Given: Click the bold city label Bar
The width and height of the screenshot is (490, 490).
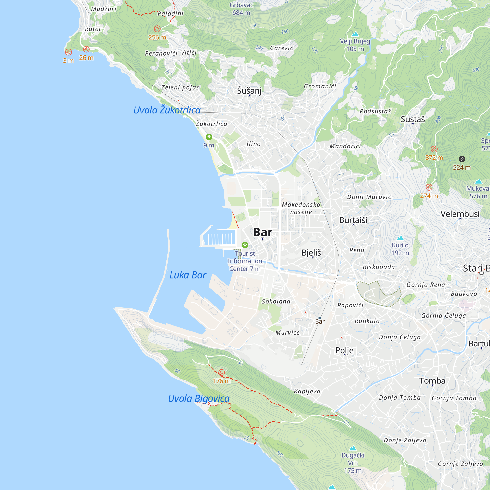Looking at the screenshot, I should (263, 232).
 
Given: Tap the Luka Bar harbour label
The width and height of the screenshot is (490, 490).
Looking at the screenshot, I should (188, 275).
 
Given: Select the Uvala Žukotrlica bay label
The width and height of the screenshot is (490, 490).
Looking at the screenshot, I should (167, 110).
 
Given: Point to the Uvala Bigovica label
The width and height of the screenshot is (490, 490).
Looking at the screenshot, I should (199, 398).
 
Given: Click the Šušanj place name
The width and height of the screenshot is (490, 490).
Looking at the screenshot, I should (249, 90).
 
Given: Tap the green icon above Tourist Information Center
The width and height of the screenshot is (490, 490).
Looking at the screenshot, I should (245, 245).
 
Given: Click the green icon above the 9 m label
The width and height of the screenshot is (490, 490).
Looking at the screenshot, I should (209, 137).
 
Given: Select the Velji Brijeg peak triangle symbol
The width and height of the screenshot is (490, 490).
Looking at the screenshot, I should (355, 34).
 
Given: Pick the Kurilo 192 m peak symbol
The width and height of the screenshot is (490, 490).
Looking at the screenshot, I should (400, 238).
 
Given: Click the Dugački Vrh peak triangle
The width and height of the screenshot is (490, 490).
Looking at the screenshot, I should (353, 448).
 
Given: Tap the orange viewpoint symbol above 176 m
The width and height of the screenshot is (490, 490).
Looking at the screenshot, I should (221, 373).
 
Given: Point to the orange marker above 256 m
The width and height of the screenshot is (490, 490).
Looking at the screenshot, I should (157, 29).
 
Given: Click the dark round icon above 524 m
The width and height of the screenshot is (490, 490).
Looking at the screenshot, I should (462, 159).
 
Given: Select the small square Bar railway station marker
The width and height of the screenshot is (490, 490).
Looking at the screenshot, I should (320, 318).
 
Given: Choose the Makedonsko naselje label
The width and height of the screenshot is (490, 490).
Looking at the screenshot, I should (301, 208).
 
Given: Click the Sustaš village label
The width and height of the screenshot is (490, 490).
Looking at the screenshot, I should (413, 119).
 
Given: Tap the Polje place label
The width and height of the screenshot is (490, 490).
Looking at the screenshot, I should (344, 350).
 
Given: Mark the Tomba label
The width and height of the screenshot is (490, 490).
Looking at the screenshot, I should (432, 381).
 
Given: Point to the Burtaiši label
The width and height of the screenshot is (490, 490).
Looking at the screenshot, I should (353, 220).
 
